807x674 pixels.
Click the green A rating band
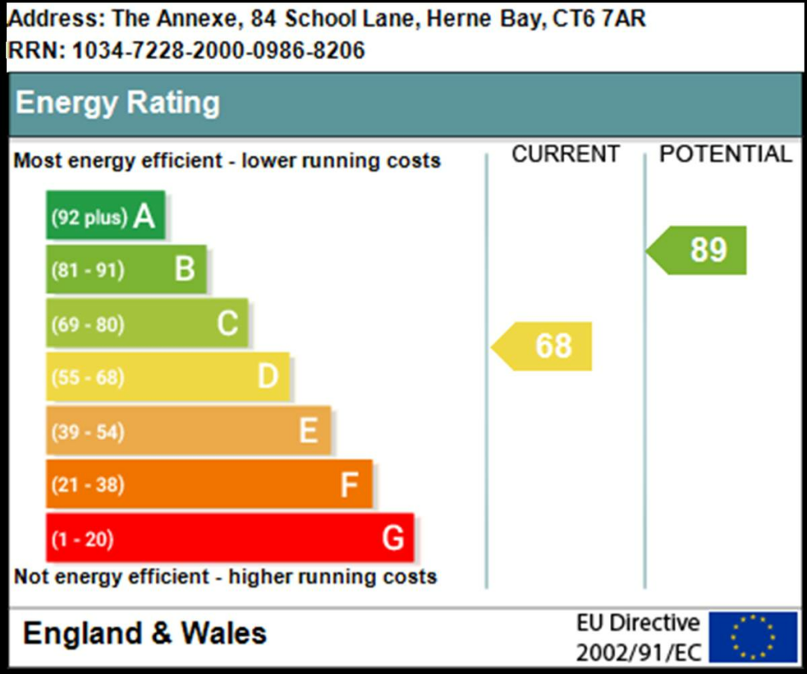pyautogui.click(x=106, y=216)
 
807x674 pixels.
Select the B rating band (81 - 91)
pyautogui.click(x=126, y=270)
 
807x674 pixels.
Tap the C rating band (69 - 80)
pyautogui.click(x=147, y=324)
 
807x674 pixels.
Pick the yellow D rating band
pyautogui.click(x=167, y=377)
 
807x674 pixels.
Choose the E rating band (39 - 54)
pyautogui.click(x=188, y=431)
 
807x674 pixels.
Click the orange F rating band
pyautogui.click(x=208, y=484)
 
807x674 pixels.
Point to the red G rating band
pyautogui.click(x=229, y=539)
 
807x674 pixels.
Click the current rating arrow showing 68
pyautogui.click(x=544, y=346)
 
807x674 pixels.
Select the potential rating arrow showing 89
pyautogui.click(x=699, y=250)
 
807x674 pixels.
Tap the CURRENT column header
pyautogui.click(x=566, y=154)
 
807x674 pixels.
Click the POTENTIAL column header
pyautogui.click(x=725, y=154)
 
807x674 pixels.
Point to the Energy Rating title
pyautogui.click(x=118, y=103)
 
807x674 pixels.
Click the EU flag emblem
pyautogui.click(x=753, y=637)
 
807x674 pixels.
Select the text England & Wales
pyautogui.click(x=145, y=634)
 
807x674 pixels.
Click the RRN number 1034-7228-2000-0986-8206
pyautogui.click(x=218, y=50)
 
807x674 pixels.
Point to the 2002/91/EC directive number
pyautogui.click(x=638, y=653)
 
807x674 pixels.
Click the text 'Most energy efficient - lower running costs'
pyautogui.click(x=227, y=161)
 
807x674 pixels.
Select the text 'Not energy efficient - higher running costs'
pyautogui.click(x=225, y=576)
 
